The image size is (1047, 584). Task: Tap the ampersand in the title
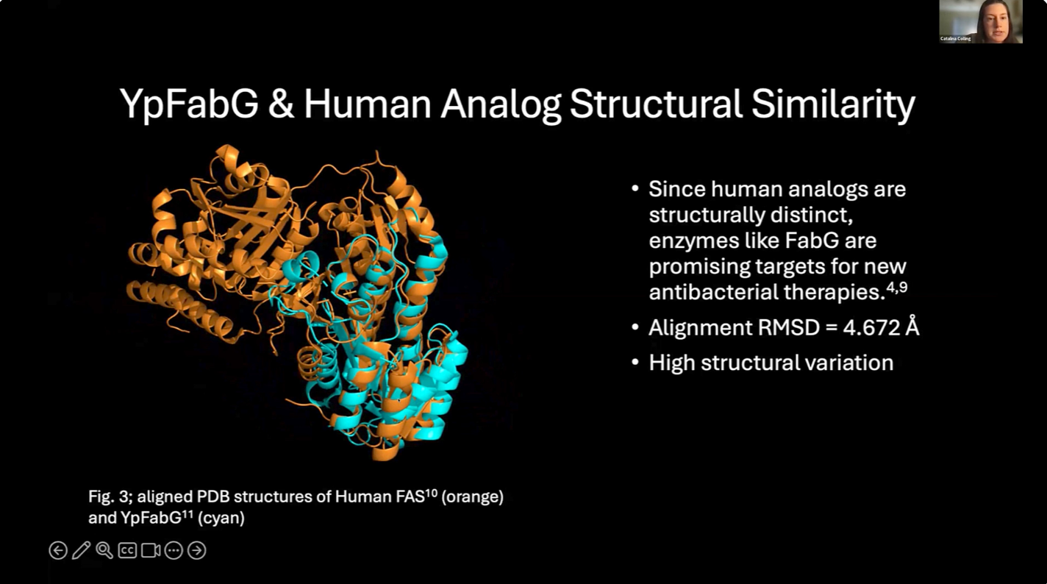click(282, 104)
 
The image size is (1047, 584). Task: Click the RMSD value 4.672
click(871, 327)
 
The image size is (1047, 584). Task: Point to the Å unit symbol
click(912, 326)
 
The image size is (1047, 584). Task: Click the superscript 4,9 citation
click(897, 287)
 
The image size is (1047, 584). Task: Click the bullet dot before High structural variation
click(635, 363)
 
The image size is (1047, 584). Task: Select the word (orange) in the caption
click(472, 496)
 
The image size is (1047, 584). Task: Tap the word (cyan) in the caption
click(221, 518)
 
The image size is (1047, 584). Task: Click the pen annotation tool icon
click(81, 550)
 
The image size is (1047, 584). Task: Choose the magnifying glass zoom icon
click(104, 550)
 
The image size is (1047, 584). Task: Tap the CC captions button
click(127, 550)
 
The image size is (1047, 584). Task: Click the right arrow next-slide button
click(197, 550)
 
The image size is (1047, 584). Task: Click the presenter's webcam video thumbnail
click(981, 21)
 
